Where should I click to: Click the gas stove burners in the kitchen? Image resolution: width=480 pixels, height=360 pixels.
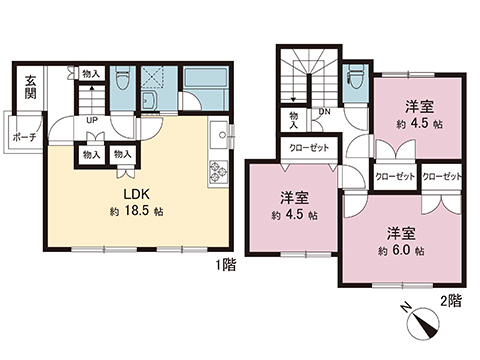point(216,172)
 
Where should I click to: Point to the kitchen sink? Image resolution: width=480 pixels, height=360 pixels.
point(218,133)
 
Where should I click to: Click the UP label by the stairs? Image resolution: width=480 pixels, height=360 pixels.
point(92,120)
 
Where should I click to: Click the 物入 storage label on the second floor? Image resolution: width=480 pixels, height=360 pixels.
point(293,120)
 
